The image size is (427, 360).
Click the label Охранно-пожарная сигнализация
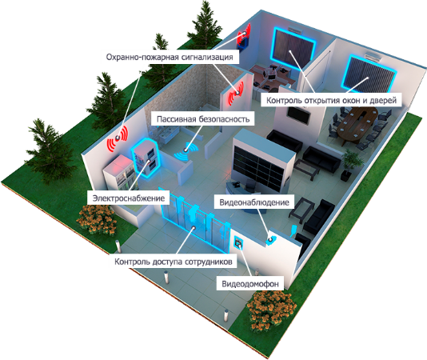tap(170, 58)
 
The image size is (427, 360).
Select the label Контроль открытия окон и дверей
tap(331, 100)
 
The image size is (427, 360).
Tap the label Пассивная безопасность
tap(203, 119)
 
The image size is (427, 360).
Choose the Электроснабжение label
tap(129, 198)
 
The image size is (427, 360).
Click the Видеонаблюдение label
tap(254, 202)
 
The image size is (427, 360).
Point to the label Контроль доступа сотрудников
tap(174, 262)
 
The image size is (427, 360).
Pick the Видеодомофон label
tap(250, 284)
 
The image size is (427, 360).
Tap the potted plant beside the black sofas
tap(351, 164)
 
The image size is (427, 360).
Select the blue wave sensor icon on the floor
tap(186, 151)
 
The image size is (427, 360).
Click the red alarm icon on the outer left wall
tap(118, 138)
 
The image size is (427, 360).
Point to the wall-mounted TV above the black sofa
tap(299, 114)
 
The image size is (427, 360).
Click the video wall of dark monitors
tap(258, 166)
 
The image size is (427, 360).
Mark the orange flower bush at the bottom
tap(271, 311)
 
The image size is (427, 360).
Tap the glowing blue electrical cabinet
tap(146, 158)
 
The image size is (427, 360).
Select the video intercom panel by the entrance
tap(238, 242)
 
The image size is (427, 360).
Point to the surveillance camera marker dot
tap(270, 239)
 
